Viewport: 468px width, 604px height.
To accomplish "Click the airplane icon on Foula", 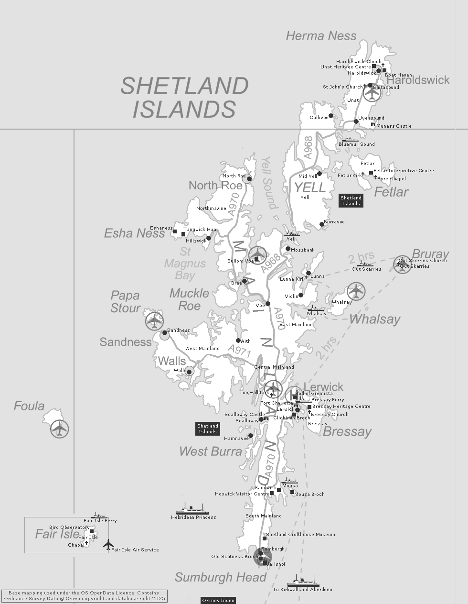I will [60, 428].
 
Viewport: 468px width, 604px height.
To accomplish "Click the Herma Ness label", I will [321, 36].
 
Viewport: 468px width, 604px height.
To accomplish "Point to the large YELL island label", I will [309, 187].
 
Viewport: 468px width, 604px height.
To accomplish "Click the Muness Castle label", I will [394, 126].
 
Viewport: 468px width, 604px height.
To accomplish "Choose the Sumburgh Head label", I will [220, 578].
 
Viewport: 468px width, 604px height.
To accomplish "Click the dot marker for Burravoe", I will [322, 224].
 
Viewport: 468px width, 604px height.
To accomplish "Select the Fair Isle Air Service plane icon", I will [108, 544].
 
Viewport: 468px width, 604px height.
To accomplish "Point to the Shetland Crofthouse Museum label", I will [300, 535].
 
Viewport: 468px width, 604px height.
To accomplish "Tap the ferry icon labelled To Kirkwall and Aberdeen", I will [303, 582].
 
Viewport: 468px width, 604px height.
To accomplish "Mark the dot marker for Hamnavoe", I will [251, 436].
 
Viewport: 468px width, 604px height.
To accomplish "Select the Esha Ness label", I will [134, 233].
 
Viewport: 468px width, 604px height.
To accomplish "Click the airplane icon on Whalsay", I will [356, 291].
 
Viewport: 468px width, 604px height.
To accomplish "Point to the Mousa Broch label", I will [309, 494].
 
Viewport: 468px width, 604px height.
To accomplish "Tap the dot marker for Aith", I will [238, 341].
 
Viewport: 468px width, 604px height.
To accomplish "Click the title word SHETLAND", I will [184, 86].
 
